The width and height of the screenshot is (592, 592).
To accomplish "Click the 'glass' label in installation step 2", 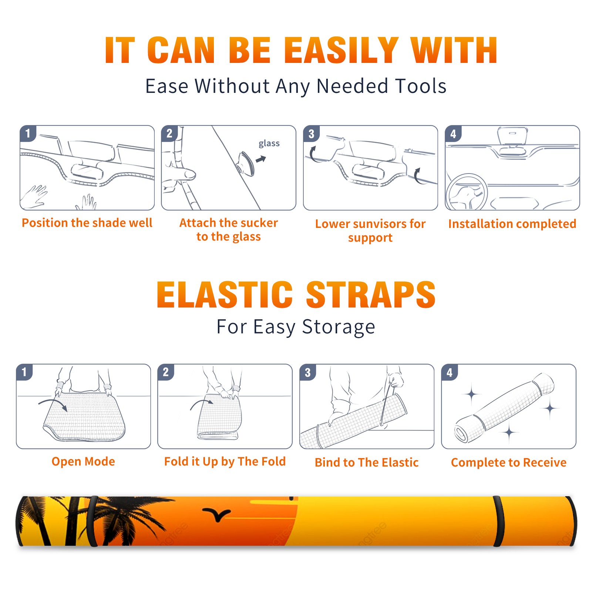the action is [269, 144].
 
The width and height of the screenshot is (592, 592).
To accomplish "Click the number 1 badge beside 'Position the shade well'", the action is [28, 133].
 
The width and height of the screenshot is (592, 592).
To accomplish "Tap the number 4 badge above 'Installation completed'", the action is [453, 134].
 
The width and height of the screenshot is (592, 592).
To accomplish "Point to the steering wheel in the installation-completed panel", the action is [467, 192].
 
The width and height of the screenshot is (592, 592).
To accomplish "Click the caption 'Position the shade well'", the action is [87, 223].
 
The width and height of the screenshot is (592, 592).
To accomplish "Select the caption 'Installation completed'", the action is [512, 223].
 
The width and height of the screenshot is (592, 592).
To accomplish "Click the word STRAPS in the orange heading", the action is [371, 295].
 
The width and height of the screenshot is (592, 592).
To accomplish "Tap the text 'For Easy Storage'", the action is [296, 327].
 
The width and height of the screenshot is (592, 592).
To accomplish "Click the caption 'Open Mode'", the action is [83, 461].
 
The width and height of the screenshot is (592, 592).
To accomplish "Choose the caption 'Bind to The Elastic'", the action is [367, 462].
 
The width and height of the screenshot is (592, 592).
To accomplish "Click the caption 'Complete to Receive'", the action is [509, 462].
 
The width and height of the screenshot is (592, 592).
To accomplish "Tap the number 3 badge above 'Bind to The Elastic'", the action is [308, 372].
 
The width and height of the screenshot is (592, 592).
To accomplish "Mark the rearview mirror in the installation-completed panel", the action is [512, 137].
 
